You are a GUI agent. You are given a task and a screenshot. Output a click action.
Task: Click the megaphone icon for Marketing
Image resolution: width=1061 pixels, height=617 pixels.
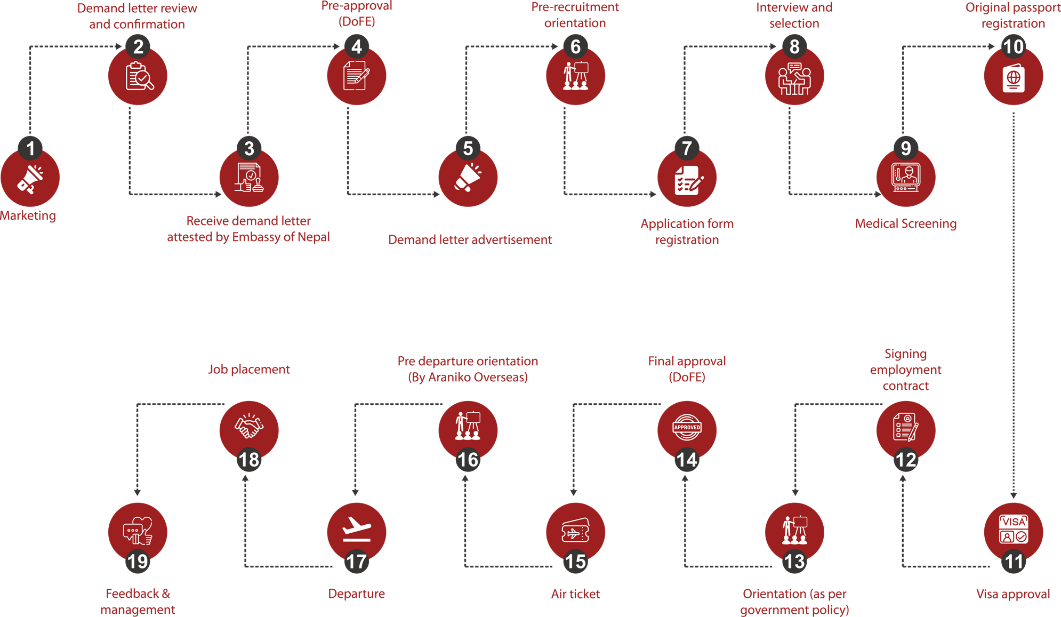30,179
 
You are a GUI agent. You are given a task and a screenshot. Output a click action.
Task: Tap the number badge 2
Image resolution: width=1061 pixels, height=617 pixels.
138,47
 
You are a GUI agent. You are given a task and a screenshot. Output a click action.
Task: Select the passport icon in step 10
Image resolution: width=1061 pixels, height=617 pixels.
1013,78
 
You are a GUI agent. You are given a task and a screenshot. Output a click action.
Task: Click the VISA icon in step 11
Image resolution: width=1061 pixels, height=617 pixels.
1013,530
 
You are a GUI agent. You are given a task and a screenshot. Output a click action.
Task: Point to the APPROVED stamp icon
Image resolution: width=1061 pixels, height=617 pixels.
687,428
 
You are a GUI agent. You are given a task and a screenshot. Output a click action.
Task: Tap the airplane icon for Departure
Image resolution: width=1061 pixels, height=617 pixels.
356,529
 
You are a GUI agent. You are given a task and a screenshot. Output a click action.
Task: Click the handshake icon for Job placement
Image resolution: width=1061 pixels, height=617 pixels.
249,427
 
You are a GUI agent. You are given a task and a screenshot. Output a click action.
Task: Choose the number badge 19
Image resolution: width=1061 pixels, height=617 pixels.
138,562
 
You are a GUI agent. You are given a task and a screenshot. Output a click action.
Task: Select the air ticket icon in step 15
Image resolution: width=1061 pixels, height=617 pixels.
575,531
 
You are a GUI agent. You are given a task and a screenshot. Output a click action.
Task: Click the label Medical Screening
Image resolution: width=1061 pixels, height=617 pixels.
905,224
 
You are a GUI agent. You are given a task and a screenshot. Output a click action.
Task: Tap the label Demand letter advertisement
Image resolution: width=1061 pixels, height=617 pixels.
470,240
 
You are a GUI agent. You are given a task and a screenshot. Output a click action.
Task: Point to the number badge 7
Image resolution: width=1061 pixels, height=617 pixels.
687,148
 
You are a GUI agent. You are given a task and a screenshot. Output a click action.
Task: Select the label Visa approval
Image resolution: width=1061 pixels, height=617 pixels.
1012,594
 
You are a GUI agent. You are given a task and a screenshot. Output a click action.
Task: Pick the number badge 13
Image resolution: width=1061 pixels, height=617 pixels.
794,562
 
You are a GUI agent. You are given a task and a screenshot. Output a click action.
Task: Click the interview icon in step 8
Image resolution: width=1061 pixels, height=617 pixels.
794,78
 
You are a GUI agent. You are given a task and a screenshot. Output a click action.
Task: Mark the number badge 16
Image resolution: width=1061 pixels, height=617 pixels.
468,460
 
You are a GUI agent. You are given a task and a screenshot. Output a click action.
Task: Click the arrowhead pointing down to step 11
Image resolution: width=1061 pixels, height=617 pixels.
1013,495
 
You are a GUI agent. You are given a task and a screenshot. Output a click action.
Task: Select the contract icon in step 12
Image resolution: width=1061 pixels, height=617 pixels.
905,428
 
